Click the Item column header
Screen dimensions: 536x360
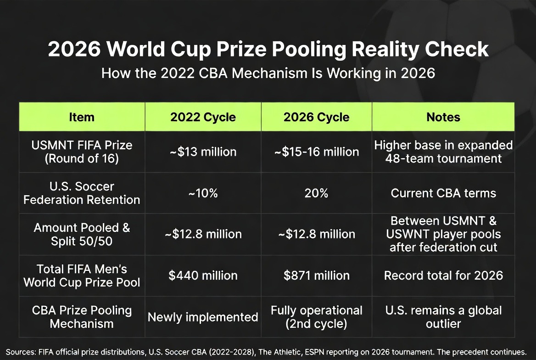pos(82,117)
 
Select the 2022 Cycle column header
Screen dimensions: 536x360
pos(203,117)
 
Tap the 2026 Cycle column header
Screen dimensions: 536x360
pos(317,117)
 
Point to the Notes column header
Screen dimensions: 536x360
pos(443,117)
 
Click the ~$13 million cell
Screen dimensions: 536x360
pos(203,152)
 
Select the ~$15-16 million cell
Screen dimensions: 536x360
pos(317,152)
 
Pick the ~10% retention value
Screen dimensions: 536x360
pos(203,193)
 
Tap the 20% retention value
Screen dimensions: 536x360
pos(317,193)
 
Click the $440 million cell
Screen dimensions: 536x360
pos(203,276)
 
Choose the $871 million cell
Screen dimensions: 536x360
pos(317,276)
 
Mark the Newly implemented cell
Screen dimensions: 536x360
pos(203,317)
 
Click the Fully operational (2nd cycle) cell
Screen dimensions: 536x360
pos(317,317)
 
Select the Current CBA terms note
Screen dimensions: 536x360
pos(443,193)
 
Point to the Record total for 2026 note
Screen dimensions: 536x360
pos(443,276)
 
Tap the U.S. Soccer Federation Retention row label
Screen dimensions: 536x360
pos(82,193)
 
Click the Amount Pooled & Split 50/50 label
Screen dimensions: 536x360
pos(82,234)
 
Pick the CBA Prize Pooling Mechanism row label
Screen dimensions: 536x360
pos(82,317)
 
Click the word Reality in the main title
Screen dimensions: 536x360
pos(385,49)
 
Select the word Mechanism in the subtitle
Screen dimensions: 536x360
pos(270,73)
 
